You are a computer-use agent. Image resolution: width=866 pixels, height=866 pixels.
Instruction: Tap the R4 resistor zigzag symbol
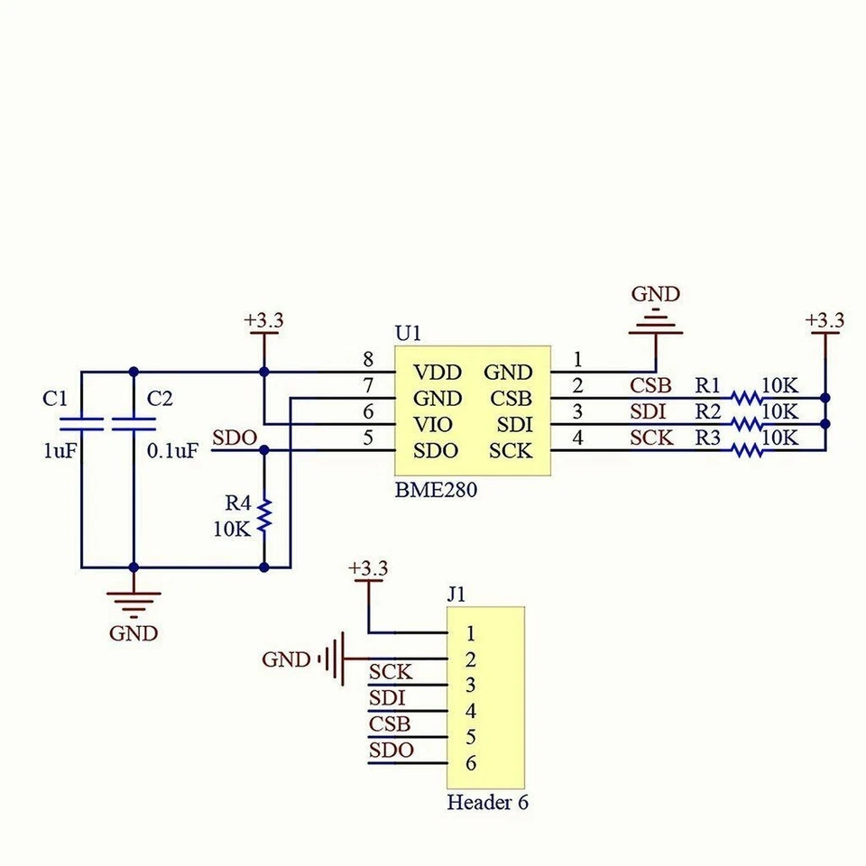[x=264, y=515]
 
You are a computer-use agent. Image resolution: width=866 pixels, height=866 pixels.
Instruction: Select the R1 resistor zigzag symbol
[x=746, y=398]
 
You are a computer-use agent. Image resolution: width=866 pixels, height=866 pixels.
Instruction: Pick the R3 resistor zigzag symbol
[x=746, y=450]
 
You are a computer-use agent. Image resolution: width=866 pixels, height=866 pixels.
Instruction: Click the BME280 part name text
[x=436, y=492]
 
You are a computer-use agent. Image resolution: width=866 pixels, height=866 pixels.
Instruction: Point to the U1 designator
[x=408, y=333]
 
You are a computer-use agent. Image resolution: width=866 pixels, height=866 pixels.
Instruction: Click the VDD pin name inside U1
[x=438, y=373]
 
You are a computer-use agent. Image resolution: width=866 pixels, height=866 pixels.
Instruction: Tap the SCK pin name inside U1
[x=511, y=451]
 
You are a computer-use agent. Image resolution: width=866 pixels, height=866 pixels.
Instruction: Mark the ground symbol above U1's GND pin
[x=656, y=320]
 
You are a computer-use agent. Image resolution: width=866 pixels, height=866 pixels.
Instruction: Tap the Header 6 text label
[x=487, y=803]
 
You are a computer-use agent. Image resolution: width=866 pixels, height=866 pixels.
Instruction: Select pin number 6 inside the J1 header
[x=470, y=763]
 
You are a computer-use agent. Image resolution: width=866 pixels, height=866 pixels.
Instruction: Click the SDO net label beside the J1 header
[x=392, y=751]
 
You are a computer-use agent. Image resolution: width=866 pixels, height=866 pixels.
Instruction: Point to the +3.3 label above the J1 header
[x=367, y=569]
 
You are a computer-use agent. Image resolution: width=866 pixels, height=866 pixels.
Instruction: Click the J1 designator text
[x=456, y=594]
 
